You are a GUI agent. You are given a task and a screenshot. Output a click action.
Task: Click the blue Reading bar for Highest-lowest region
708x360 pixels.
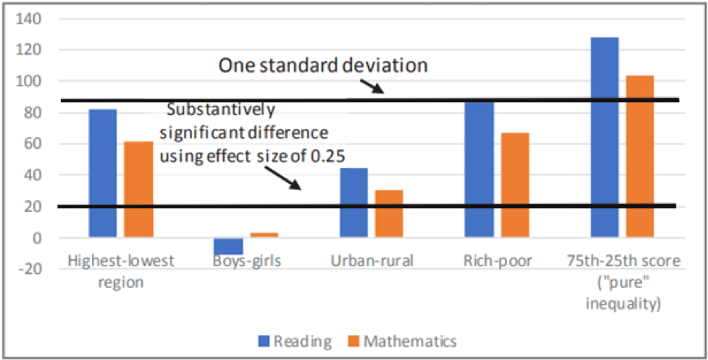click(x=102, y=173)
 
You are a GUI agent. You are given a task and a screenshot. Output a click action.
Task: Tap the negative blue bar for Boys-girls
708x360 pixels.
click(x=228, y=246)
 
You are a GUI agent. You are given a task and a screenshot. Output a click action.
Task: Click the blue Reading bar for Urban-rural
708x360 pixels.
click(x=354, y=202)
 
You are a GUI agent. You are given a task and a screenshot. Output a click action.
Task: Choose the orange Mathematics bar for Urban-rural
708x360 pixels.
click(x=389, y=213)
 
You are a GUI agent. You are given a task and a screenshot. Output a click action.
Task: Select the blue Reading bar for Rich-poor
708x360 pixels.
click(x=479, y=169)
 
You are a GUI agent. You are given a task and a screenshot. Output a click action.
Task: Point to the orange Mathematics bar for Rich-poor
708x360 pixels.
click(x=515, y=185)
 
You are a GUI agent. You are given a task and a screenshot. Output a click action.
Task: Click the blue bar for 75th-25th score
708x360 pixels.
click(x=605, y=137)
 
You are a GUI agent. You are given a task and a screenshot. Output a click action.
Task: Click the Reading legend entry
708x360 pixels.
click(x=294, y=341)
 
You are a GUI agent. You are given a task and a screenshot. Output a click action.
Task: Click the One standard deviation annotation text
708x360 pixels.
click(x=323, y=66)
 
